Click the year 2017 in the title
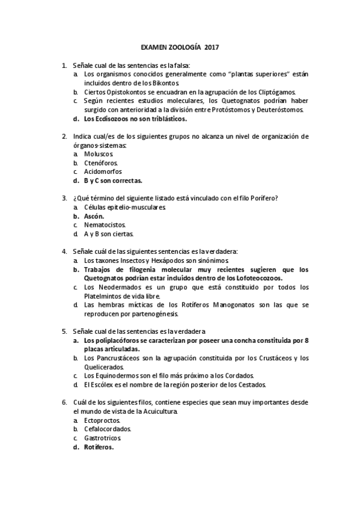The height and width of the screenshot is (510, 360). click(x=212, y=46)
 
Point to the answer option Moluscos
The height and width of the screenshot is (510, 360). click(x=99, y=154)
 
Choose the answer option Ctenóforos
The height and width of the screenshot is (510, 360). click(x=101, y=163)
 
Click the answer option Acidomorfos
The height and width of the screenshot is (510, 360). click(x=103, y=171)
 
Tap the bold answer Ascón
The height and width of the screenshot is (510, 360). click(x=94, y=216)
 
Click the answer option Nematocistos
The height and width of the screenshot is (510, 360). click(x=105, y=225)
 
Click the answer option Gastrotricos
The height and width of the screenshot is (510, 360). click(x=103, y=438)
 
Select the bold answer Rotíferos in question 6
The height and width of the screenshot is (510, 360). click(x=99, y=447)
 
